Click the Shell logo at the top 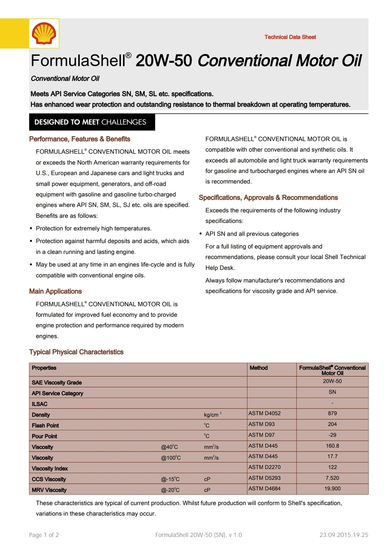click(44, 33)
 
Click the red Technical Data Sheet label click(290, 37)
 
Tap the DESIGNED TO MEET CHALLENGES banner click(92, 122)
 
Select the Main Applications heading click(55, 291)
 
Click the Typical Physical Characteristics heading click(76, 352)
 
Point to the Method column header click(258, 368)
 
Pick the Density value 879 click(332, 414)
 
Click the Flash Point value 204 click(332, 424)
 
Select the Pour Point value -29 click(332, 435)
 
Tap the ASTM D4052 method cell click(264, 414)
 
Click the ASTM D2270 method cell click(264, 467)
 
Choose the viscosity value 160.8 click(332, 446)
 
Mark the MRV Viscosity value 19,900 click(332, 489)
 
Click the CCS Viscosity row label click(49, 479)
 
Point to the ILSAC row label click(39, 404)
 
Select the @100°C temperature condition click(171, 458)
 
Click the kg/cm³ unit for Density click(212, 415)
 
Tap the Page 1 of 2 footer click(44, 535)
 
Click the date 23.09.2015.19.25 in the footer click(344, 535)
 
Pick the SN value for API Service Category click(332, 392)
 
